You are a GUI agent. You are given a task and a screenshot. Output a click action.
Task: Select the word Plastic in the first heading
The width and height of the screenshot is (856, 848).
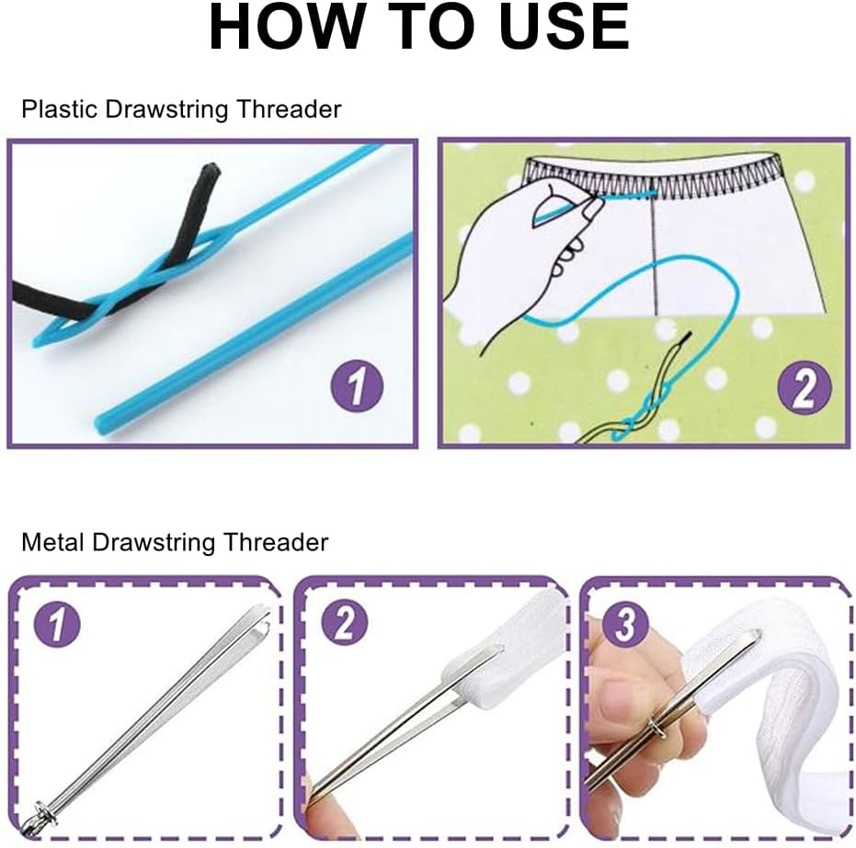tap(60, 109)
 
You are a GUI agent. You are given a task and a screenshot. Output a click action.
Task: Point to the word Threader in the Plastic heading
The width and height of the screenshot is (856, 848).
tap(289, 109)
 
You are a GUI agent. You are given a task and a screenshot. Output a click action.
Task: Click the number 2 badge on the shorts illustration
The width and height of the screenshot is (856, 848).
tap(803, 390)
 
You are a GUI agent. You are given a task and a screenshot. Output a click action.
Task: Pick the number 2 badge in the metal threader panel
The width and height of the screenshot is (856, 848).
tap(344, 626)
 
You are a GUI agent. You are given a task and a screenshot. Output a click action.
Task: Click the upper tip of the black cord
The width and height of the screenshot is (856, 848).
tap(212, 170)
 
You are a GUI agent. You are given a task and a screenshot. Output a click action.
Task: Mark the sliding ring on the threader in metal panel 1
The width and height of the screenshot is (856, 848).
tap(42, 808)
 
